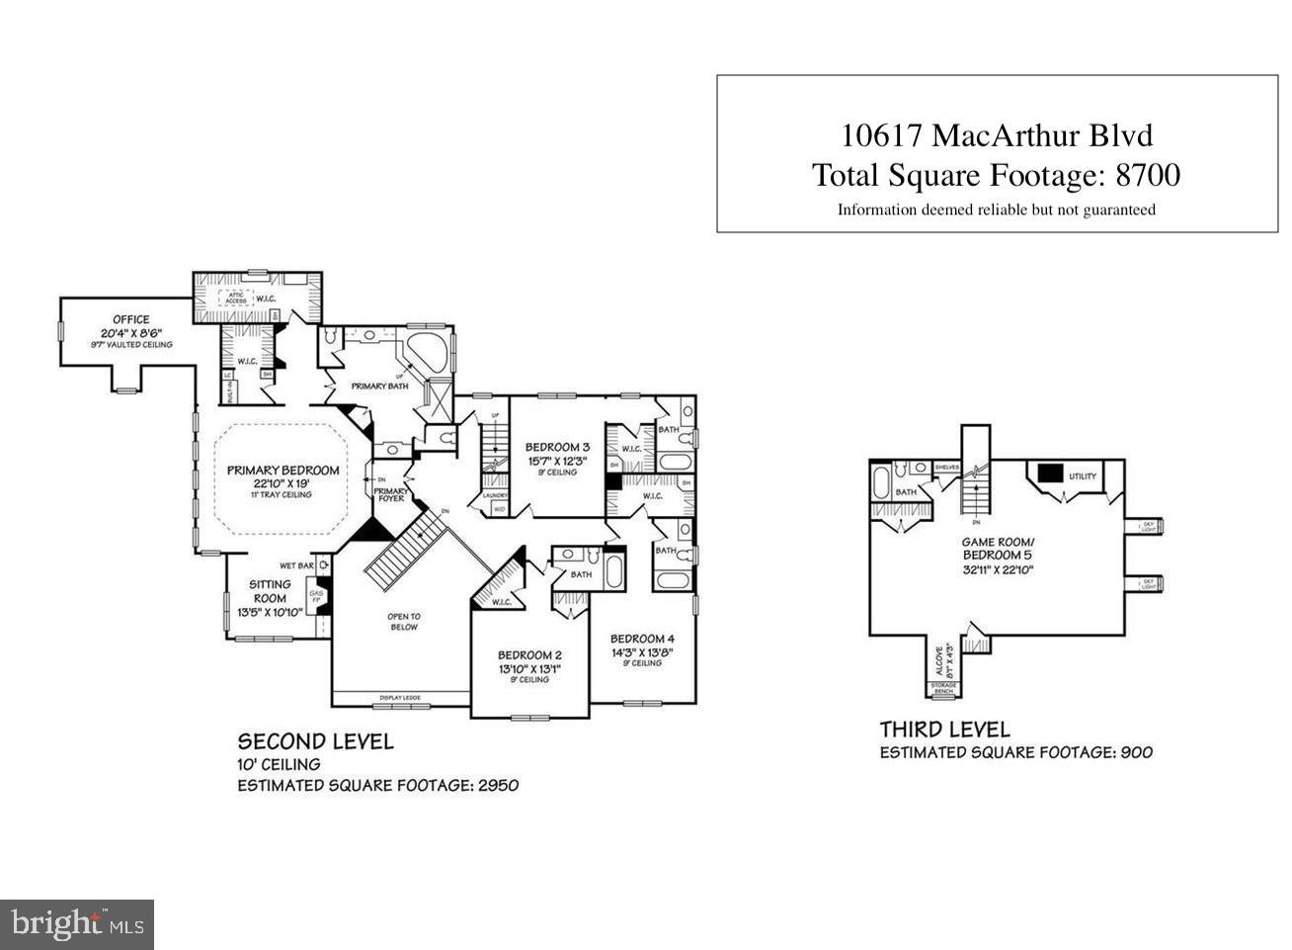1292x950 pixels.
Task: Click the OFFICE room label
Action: tap(130, 319)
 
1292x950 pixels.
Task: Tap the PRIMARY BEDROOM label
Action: tap(283, 471)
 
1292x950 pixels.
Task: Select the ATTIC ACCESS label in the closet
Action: tap(237, 298)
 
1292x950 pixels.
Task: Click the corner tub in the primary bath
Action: tap(427, 354)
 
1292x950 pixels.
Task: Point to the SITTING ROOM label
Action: tap(270, 591)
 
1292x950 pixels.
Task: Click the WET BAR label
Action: tap(296, 566)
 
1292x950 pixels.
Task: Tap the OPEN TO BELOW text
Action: tap(404, 622)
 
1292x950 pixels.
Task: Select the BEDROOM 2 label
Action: tap(529, 655)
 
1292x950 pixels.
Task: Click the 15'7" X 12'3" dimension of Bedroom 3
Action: tap(557, 460)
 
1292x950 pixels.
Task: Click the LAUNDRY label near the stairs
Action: tap(495, 495)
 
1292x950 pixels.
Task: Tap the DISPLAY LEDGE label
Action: tap(400, 699)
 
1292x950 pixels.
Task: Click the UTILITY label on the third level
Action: tap(1083, 476)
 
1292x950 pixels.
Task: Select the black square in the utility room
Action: tap(1048, 473)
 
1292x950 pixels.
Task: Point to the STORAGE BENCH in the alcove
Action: tap(943, 688)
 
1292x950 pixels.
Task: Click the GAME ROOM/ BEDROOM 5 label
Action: tap(998, 549)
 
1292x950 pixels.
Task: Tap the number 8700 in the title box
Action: tap(1147, 175)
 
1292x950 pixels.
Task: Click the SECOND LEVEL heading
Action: tap(315, 741)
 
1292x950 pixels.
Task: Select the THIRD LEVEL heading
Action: tap(945, 730)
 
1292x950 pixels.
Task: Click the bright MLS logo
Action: tap(76, 924)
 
